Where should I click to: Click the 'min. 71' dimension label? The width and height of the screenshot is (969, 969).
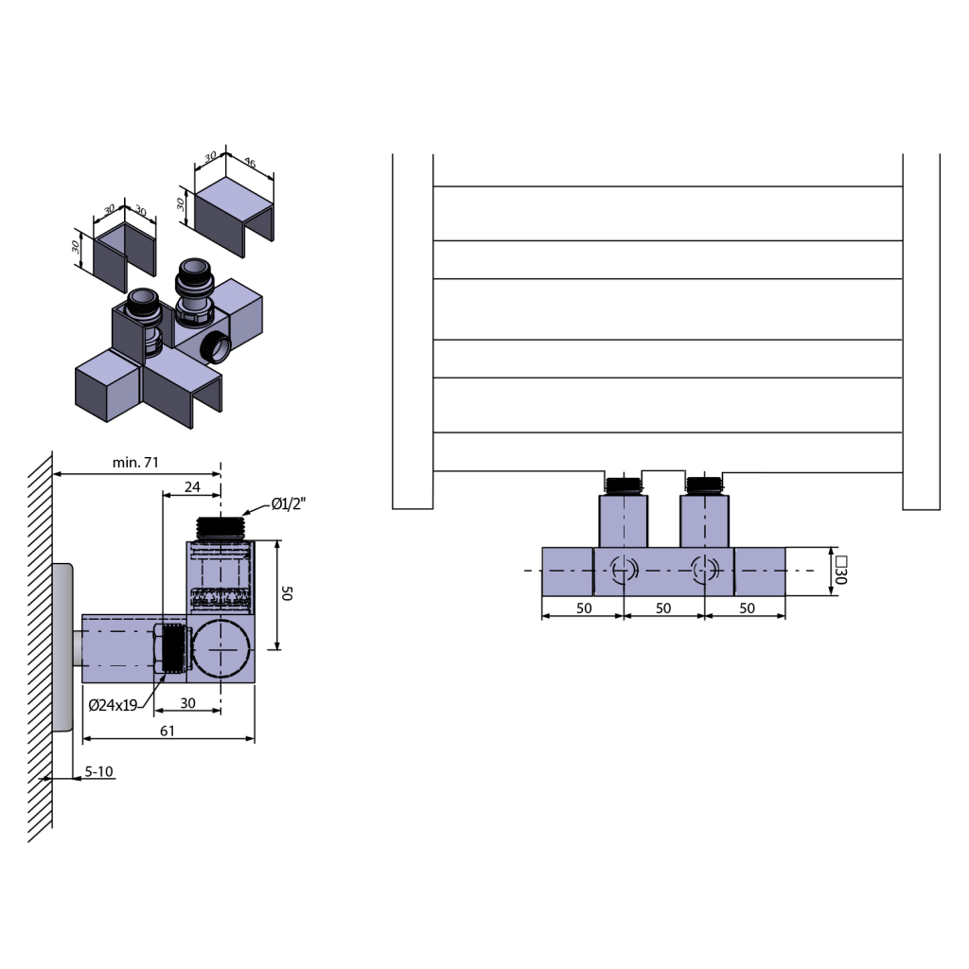135,462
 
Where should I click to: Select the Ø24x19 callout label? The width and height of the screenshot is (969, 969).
114,704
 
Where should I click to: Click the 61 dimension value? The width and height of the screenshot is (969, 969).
167,731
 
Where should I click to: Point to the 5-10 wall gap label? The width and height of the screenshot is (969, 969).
98,771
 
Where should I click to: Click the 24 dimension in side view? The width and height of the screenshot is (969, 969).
192,486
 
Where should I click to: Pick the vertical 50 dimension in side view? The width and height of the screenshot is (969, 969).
289,593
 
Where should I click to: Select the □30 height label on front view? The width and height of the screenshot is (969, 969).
840,571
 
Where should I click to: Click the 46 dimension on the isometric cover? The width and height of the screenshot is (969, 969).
251,164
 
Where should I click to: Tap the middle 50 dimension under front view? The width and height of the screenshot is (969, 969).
662,608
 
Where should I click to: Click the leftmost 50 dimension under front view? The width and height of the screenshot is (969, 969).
583,608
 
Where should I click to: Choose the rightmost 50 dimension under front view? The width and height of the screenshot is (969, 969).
747,608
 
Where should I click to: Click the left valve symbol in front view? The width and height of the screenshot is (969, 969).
623,571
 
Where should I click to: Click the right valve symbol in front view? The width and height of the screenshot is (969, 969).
704,571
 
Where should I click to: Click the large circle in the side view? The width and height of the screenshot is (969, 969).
220,649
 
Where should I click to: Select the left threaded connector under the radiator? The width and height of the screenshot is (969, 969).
623,485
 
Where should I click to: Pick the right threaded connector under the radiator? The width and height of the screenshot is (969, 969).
704,485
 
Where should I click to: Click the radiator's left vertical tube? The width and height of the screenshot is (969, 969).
413,331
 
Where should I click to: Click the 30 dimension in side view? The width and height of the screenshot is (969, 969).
187,703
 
